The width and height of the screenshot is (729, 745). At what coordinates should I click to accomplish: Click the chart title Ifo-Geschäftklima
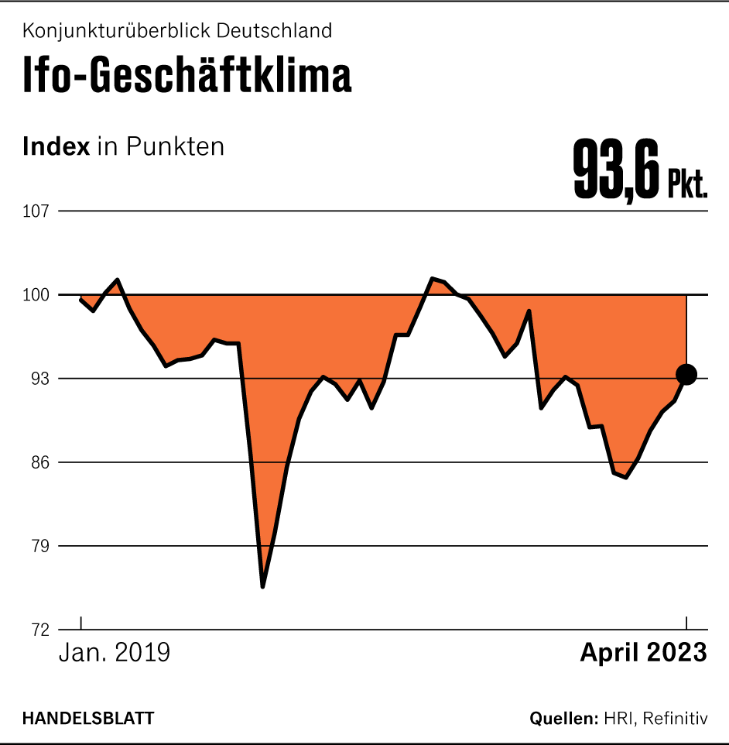click(187, 76)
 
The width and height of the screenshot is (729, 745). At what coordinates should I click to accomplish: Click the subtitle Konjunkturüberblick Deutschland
click(177, 31)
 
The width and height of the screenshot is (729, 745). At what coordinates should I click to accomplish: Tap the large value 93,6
click(616, 170)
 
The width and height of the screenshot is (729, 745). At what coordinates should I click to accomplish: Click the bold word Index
click(56, 146)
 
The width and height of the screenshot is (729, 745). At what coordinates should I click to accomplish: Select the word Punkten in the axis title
click(176, 146)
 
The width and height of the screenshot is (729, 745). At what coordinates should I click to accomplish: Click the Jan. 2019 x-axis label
click(115, 652)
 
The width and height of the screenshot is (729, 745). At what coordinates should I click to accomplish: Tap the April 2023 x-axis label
click(643, 652)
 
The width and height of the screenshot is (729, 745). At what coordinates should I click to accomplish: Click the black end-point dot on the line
click(686, 375)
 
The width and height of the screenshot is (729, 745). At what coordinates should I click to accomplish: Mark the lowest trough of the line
click(263, 586)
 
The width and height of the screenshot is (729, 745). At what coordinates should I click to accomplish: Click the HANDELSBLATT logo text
click(88, 718)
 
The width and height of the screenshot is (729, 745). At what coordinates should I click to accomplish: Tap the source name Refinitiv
click(675, 718)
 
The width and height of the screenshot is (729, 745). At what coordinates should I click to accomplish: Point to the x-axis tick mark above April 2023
click(686, 624)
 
